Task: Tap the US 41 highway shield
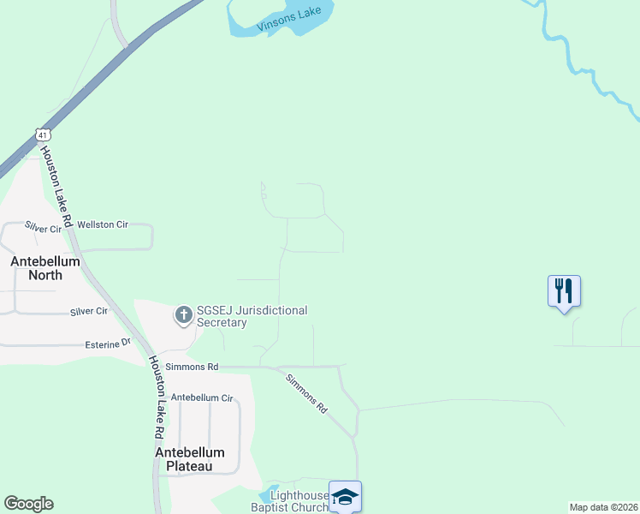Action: point(44,134)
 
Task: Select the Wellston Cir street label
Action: point(102,224)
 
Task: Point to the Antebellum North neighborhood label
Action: point(45,268)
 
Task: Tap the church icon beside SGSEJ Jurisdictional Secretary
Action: point(183,315)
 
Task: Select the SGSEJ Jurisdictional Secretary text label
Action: point(252,316)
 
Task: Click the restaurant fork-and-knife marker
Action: point(564,290)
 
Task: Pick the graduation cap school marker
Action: point(345,496)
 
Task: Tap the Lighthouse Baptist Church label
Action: point(299,501)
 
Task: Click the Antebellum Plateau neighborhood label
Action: point(190,459)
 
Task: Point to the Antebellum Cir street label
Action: point(202,398)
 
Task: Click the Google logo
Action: point(28,504)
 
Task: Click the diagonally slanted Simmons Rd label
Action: point(306,394)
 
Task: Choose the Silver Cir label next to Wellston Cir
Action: point(43,229)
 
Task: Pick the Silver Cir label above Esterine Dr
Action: point(89,311)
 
